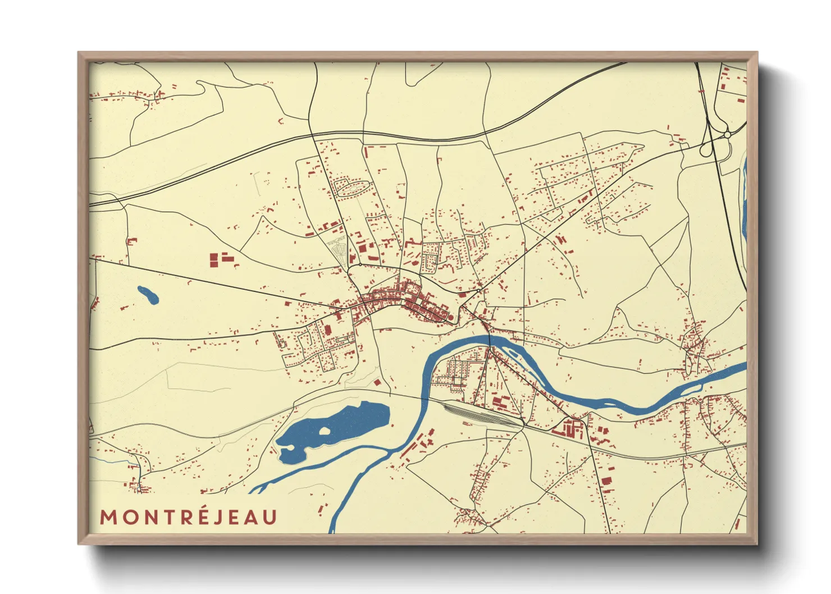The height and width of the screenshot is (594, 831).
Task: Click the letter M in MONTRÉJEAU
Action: tap(108, 517)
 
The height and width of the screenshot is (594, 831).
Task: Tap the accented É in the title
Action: tap(204, 516)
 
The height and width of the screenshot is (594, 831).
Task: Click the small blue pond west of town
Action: tap(148, 295)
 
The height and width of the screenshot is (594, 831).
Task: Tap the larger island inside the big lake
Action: tap(324, 432)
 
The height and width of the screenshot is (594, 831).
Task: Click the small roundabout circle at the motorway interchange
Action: tap(728, 135)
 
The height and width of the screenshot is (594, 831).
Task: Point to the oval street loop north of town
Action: tap(352, 188)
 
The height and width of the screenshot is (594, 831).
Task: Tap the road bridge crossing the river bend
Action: tap(490, 340)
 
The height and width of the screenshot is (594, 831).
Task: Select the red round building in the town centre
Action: tap(450, 318)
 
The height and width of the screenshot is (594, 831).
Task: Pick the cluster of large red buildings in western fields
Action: tap(221, 259)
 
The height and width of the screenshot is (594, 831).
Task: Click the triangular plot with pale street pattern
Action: tap(339, 250)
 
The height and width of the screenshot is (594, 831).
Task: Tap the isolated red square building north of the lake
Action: tap(378, 382)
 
